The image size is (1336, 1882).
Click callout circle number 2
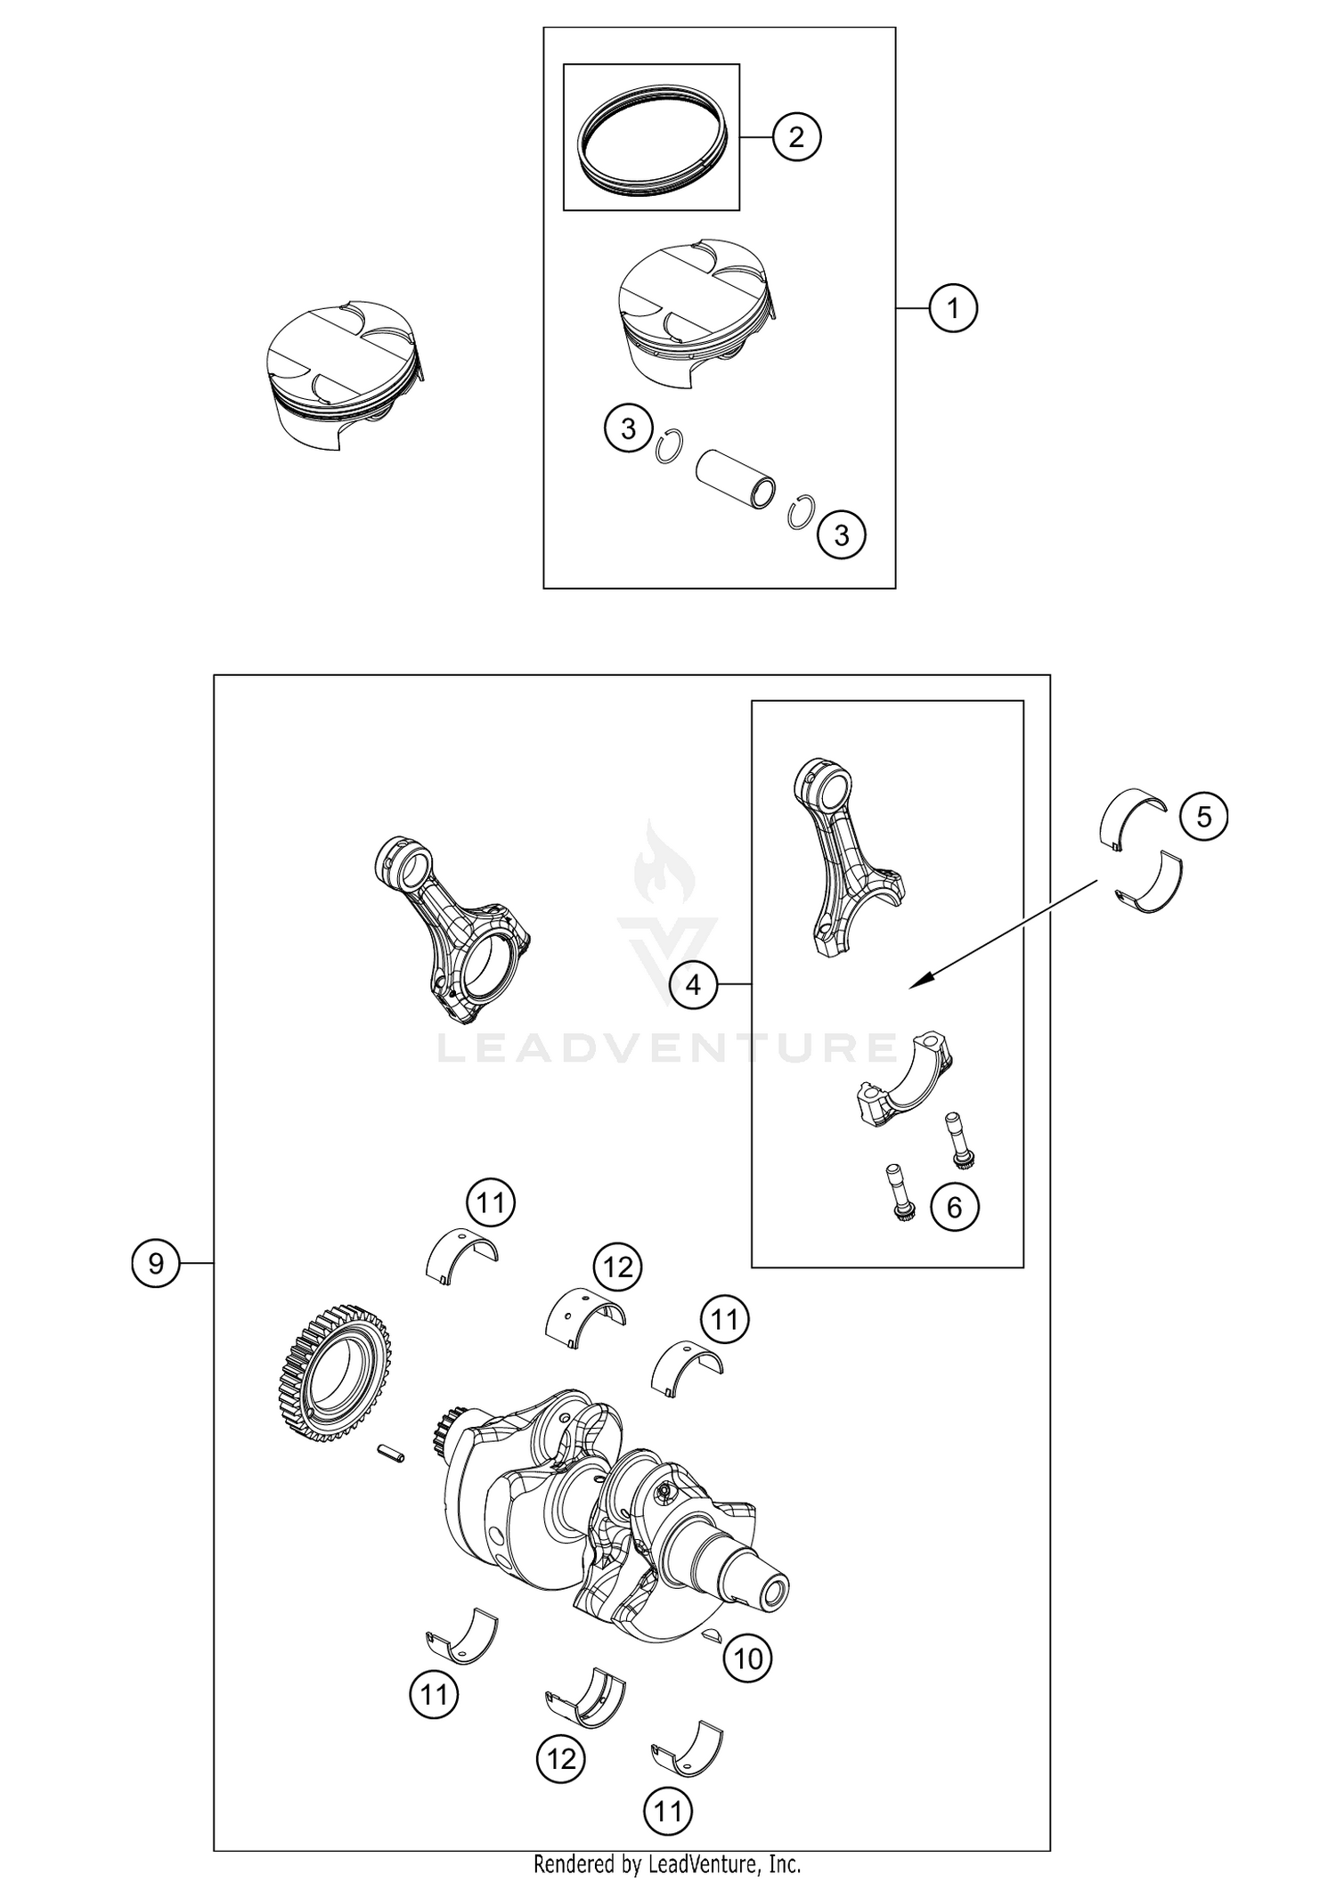pyautogui.click(x=796, y=137)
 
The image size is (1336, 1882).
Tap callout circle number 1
pyautogui.click(x=953, y=308)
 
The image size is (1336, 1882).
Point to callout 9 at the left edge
pyautogui.click(x=156, y=1263)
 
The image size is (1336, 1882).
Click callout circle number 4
pyautogui.click(x=693, y=984)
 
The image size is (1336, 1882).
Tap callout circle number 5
pyautogui.click(x=1203, y=817)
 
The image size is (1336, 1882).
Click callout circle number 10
pyautogui.click(x=748, y=1658)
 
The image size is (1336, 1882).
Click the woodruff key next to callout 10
pyautogui.click(x=713, y=1634)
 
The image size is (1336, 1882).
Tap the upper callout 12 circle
pyautogui.click(x=618, y=1267)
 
